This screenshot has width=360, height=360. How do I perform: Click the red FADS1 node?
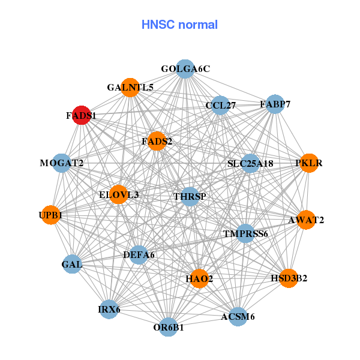coord(82,115)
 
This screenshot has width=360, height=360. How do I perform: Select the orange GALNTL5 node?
coord(130,88)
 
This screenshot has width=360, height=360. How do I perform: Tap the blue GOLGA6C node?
coord(185,69)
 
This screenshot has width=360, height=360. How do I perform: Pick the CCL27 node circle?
coord(221,106)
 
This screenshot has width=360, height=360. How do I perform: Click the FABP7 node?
coord(275,104)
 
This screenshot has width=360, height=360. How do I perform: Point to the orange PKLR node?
coord(308,163)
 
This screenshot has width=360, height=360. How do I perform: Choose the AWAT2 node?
coord(306,220)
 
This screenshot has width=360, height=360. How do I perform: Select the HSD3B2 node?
coord(289,278)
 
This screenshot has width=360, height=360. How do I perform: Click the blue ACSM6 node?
coord(238,316)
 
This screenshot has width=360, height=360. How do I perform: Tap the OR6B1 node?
coord(170,327)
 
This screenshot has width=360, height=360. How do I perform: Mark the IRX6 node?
coord(109,310)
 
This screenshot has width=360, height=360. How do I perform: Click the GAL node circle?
coord(72,264)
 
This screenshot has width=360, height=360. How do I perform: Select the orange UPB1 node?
coord(51,215)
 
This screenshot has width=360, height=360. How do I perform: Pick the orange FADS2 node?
coord(157,142)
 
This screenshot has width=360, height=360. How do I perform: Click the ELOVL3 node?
coord(119,194)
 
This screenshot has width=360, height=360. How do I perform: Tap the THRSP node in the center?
coord(190,196)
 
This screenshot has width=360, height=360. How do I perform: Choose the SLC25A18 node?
coord(250,163)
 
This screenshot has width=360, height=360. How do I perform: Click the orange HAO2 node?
coord(199,278)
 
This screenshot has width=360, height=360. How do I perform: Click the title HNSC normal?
coord(179,25)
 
